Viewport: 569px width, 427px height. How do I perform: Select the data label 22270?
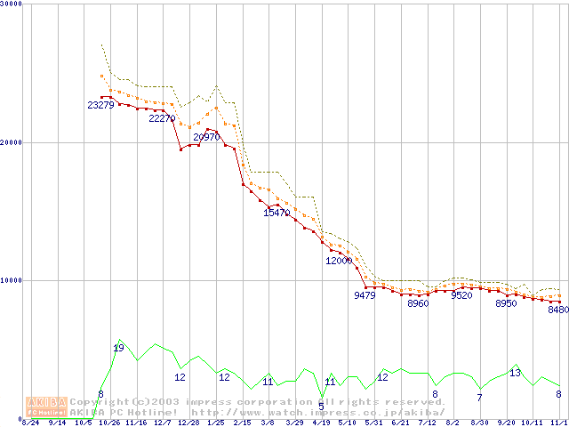tap(162, 118)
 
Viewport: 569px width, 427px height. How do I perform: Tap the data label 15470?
tap(276, 213)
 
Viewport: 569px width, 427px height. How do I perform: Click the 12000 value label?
tap(339, 261)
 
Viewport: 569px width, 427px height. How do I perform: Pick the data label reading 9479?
tap(365, 295)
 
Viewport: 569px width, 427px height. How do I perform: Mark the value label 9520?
tap(461, 295)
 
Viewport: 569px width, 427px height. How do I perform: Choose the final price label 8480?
tap(558, 310)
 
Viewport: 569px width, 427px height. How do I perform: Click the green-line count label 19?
tap(118, 348)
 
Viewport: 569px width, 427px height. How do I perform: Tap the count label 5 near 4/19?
tap(321, 407)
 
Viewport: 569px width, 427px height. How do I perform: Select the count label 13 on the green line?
tap(515, 374)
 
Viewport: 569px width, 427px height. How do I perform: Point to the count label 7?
tap(479, 398)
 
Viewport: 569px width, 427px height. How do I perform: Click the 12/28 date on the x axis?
tap(188, 423)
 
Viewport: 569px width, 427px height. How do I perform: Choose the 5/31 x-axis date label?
tap(373, 423)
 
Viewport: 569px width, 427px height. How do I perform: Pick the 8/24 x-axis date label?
tap(29, 423)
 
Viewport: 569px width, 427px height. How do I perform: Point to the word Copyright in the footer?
tap(99, 402)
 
